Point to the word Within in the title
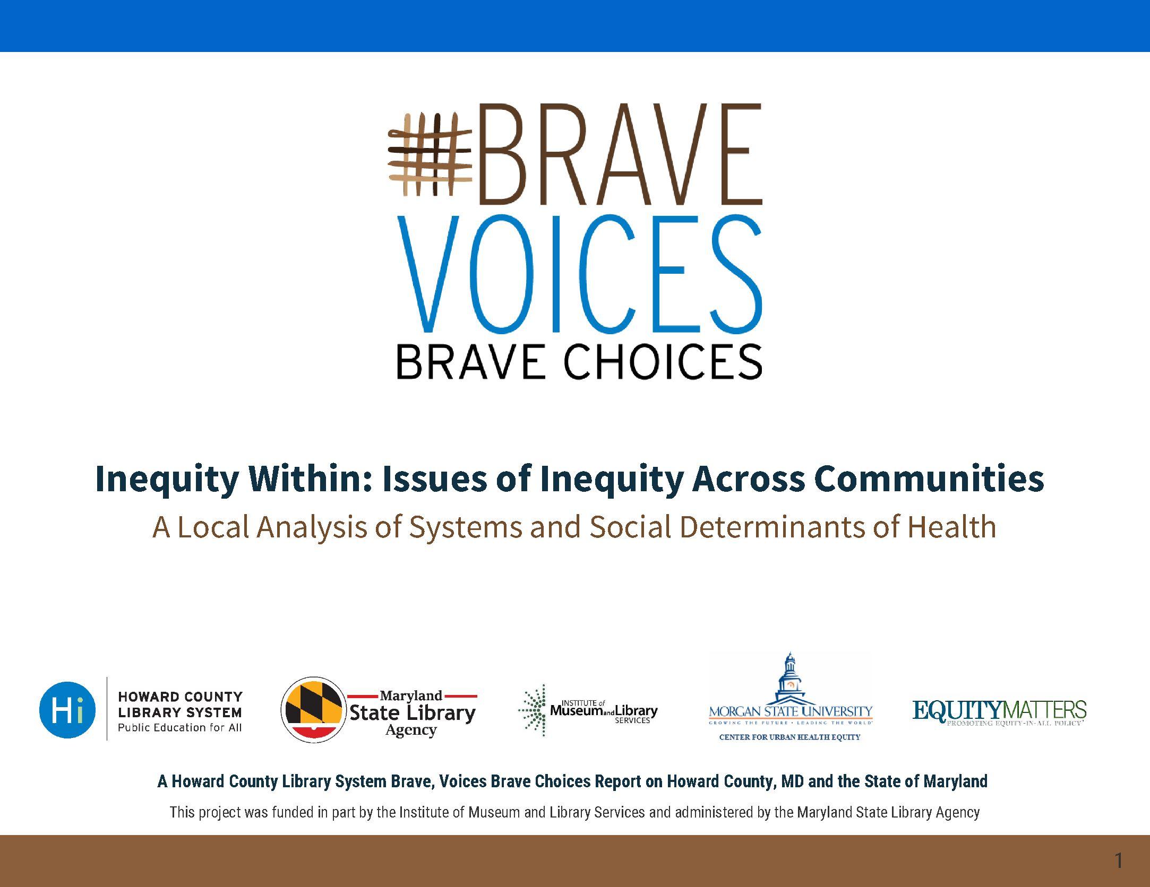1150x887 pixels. tap(310, 479)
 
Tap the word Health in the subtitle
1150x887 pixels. tap(951, 527)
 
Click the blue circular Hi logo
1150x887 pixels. tap(68, 710)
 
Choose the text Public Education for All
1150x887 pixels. tap(179, 727)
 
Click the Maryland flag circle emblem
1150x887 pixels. tap(313, 710)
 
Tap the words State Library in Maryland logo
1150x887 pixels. tap(412, 712)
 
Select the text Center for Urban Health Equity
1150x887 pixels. tap(789, 737)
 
